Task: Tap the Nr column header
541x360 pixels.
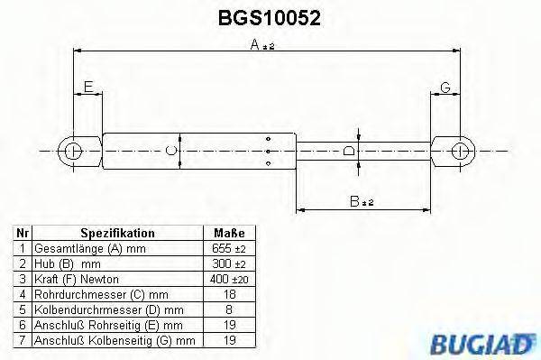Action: [22, 233]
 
